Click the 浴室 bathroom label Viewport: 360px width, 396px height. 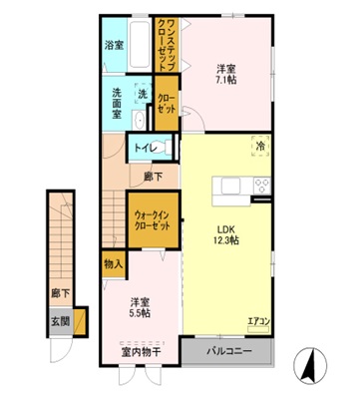point(114,45)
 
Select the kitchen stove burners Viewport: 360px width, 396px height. point(263,186)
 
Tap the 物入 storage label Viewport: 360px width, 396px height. point(113,263)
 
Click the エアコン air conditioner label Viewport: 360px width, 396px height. point(259,321)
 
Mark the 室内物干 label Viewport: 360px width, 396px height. point(140,351)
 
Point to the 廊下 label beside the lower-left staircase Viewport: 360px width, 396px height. point(60,293)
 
